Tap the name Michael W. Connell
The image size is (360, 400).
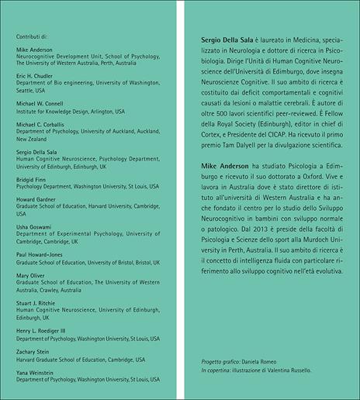41,103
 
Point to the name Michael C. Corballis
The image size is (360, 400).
43,124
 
